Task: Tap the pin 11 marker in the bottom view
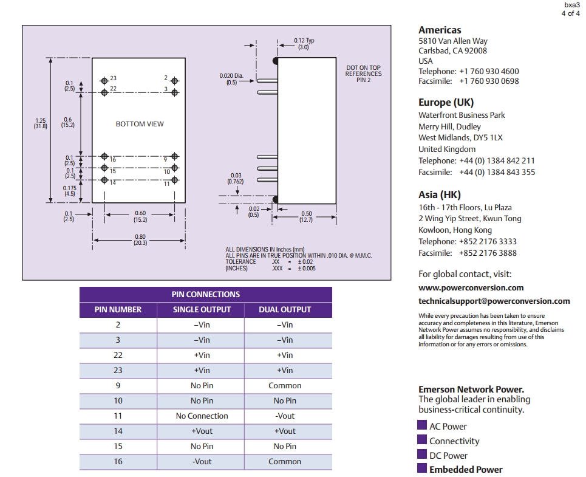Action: (175, 180)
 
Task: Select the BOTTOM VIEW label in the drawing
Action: (140, 124)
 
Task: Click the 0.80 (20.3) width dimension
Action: (140, 239)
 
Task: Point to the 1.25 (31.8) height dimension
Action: (40, 123)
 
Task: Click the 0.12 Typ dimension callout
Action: (304, 44)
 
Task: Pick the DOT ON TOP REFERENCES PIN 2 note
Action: (363, 74)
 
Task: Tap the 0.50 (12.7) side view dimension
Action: (306, 216)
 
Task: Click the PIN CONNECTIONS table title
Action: (206, 294)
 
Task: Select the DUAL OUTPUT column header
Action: (285, 309)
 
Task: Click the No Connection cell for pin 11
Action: (202, 416)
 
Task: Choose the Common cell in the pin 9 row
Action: (285, 385)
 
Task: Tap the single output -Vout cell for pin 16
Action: (202, 461)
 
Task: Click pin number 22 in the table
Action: (118, 355)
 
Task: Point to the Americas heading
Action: (440, 30)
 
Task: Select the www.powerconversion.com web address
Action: (471, 287)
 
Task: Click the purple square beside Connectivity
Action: (422, 440)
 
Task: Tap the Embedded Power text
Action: (466, 469)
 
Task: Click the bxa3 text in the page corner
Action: (573, 5)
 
